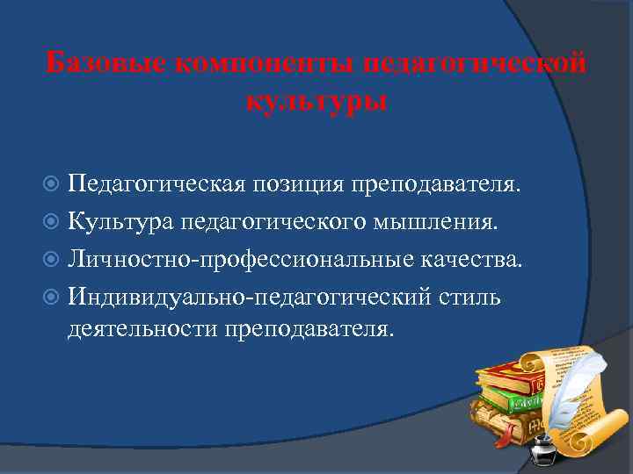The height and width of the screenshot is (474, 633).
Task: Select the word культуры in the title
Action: [316, 101]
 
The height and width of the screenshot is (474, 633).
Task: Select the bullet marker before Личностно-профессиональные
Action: [54, 261]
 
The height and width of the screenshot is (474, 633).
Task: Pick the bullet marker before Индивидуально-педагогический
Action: [54, 298]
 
